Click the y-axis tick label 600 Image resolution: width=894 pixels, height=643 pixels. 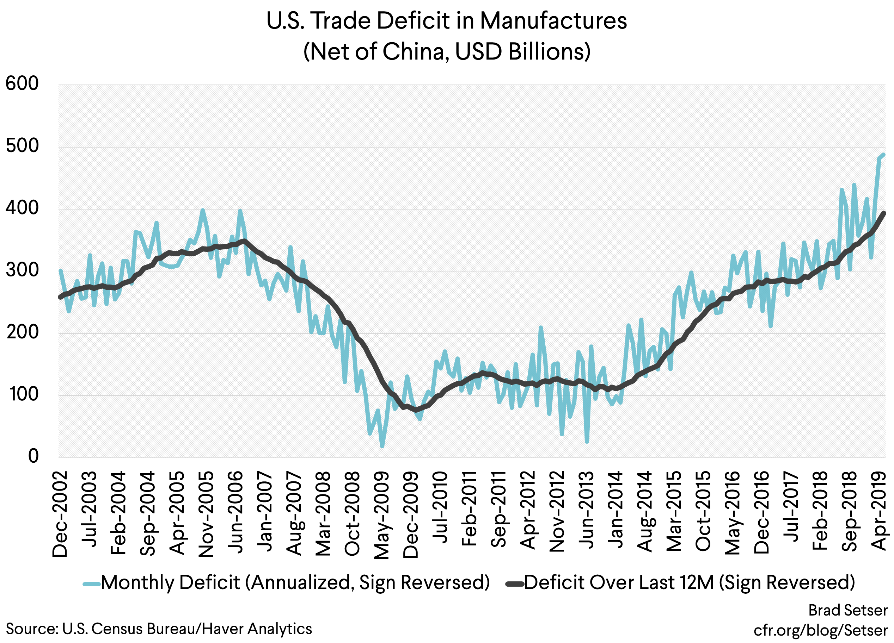[x=22, y=84]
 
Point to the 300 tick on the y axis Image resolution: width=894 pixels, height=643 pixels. [x=22, y=270]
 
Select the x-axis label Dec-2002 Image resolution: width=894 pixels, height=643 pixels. [x=60, y=514]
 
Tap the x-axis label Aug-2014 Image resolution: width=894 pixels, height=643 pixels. [x=644, y=512]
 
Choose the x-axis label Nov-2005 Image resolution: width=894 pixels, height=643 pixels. [x=206, y=514]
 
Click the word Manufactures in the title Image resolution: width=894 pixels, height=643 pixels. [x=553, y=21]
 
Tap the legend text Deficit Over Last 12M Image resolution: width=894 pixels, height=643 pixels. [x=619, y=583]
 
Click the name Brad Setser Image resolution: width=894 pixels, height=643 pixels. [x=848, y=610]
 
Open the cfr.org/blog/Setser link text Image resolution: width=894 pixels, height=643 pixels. [x=821, y=630]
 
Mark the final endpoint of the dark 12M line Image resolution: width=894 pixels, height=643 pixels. [x=883, y=213]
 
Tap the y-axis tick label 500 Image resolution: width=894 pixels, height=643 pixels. [x=22, y=146]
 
